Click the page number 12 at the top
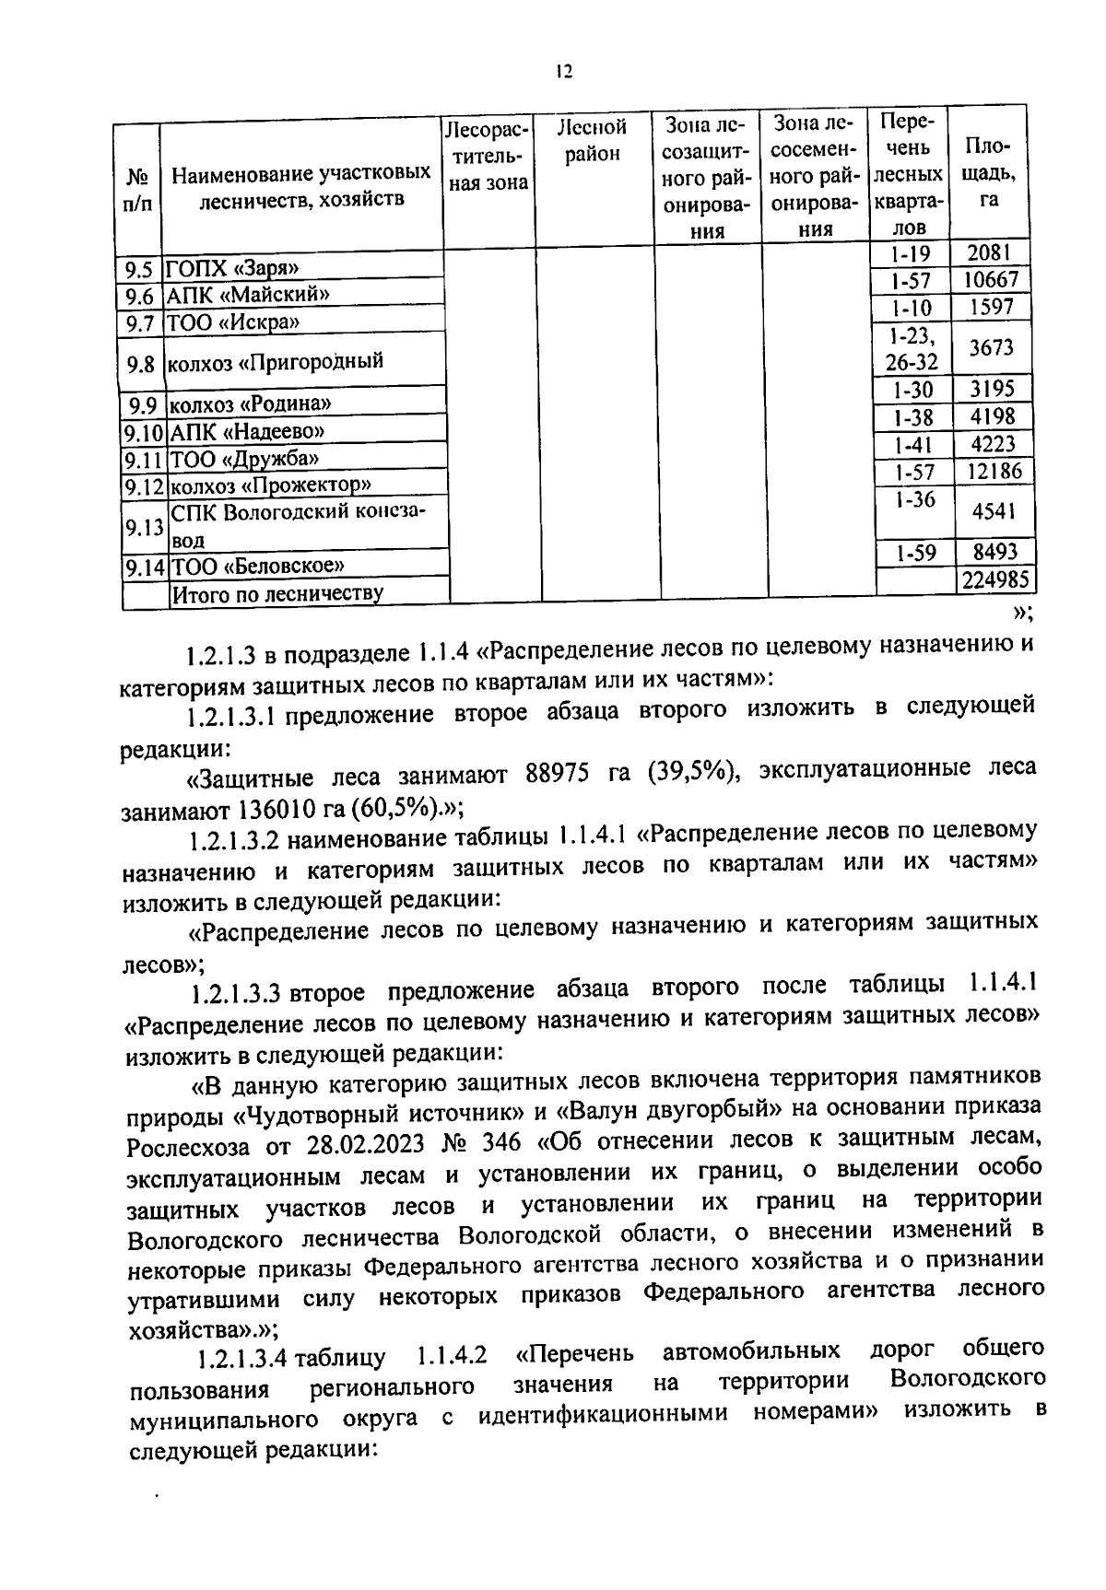[x=564, y=73]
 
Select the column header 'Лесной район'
[x=593, y=140]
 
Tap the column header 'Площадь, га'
[x=988, y=173]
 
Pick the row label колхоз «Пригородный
[x=274, y=362]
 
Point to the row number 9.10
[x=143, y=432]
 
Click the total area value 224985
[x=996, y=580]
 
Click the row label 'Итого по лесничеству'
[x=277, y=593]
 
